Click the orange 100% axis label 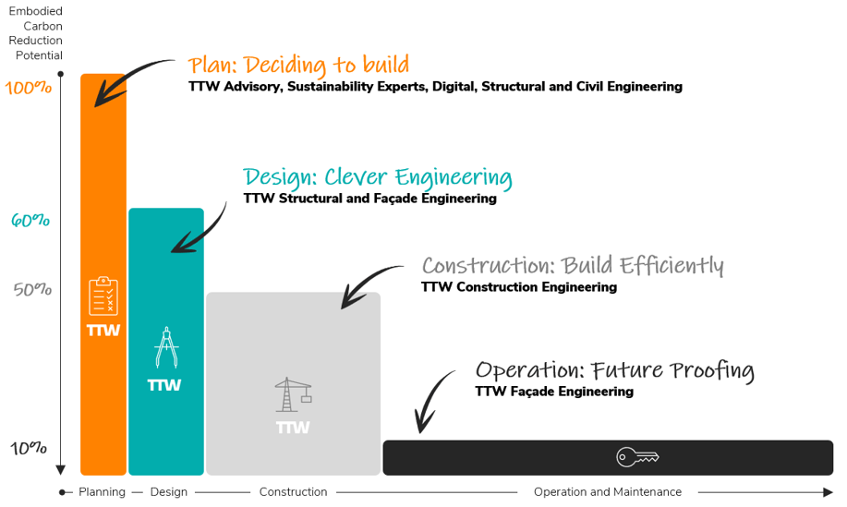pyautogui.click(x=29, y=89)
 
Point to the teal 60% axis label pyautogui.click(x=30, y=221)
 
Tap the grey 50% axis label pyautogui.click(x=32, y=289)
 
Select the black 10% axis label pyautogui.click(x=29, y=448)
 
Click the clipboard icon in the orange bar pyautogui.click(x=103, y=296)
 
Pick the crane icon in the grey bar pyautogui.click(x=293, y=394)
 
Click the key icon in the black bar pyautogui.click(x=637, y=457)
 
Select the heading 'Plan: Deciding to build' pyautogui.click(x=298, y=66)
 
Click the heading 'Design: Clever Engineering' pyautogui.click(x=377, y=177)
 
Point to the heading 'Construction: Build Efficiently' pyautogui.click(x=573, y=266)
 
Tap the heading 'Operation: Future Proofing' pyautogui.click(x=614, y=370)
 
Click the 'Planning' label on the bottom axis pyautogui.click(x=102, y=492)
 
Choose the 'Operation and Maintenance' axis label pyautogui.click(x=607, y=492)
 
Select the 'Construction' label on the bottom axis pyautogui.click(x=293, y=492)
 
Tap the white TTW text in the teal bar pyautogui.click(x=164, y=385)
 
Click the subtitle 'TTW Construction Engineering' pyautogui.click(x=518, y=287)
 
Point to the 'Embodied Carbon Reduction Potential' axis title pyautogui.click(x=36, y=33)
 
